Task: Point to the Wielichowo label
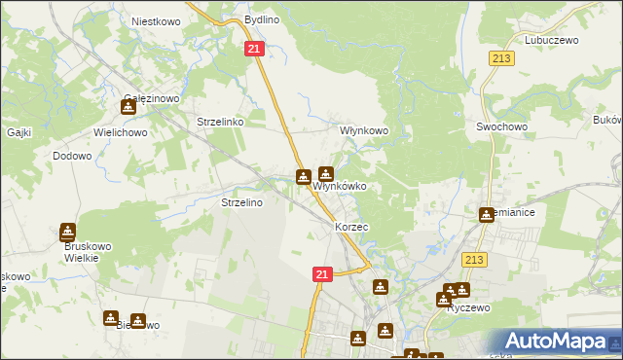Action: click(119, 128)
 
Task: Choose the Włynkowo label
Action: click(363, 129)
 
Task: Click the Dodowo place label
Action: click(72, 156)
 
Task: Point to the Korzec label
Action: click(351, 227)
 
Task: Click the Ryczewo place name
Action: click(467, 307)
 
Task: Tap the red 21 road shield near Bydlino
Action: click(253, 49)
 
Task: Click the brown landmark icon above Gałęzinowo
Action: click(128, 107)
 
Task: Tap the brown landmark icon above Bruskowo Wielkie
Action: click(67, 232)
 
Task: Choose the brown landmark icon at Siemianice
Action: click(486, 214)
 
